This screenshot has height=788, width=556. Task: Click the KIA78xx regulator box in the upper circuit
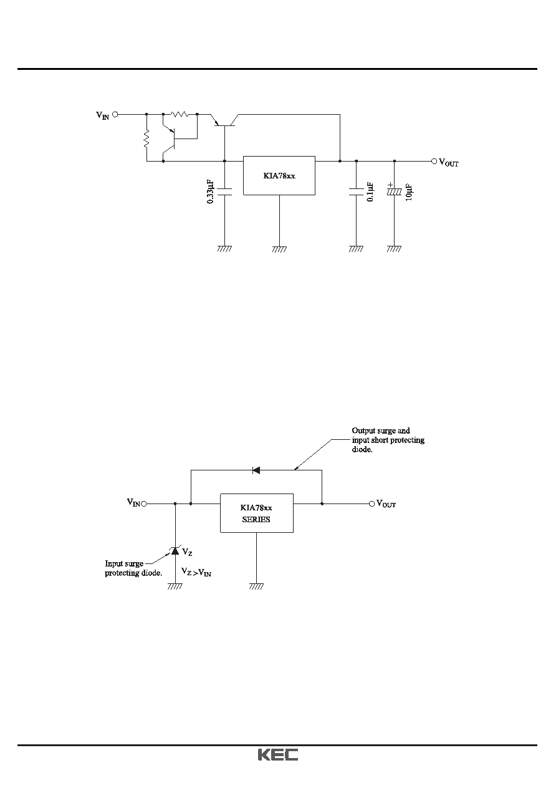click(x=279, y=175)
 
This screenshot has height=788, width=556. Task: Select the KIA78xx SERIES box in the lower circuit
click(x=257, y=513)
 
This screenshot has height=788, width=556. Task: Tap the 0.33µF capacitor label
click(x=210, y=192)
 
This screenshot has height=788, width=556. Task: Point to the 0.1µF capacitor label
click(x=370, y=192)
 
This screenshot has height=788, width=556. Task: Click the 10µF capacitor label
click(x=409, y=192)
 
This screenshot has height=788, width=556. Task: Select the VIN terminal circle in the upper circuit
click(x=115, y=114)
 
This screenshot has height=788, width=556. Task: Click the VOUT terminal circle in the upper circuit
click(x=434, y=161)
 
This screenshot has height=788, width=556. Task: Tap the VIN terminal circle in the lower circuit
click(x=143, y=503)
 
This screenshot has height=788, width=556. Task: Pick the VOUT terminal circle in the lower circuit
click(x=372, y=503)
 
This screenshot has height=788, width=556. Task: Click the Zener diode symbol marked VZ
click(x=175, y=550)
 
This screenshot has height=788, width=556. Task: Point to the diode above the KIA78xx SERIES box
click(x=256, y=470)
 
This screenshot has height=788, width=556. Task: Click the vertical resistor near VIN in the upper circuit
click(x=146, y=139)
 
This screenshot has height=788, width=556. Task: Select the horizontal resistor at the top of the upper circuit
click(x=180, y=114)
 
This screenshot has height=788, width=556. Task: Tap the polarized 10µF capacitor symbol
click(x=394, y=192)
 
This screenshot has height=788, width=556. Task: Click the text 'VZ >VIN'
click(x=196, y=572)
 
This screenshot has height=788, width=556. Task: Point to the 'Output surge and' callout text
click(x=381, y=430)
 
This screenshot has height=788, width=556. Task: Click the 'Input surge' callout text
click(x=124, y=563)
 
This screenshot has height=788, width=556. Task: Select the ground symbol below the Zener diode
click(x=175, y=586)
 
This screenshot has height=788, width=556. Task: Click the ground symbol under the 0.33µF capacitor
click(x=224, y=249)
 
